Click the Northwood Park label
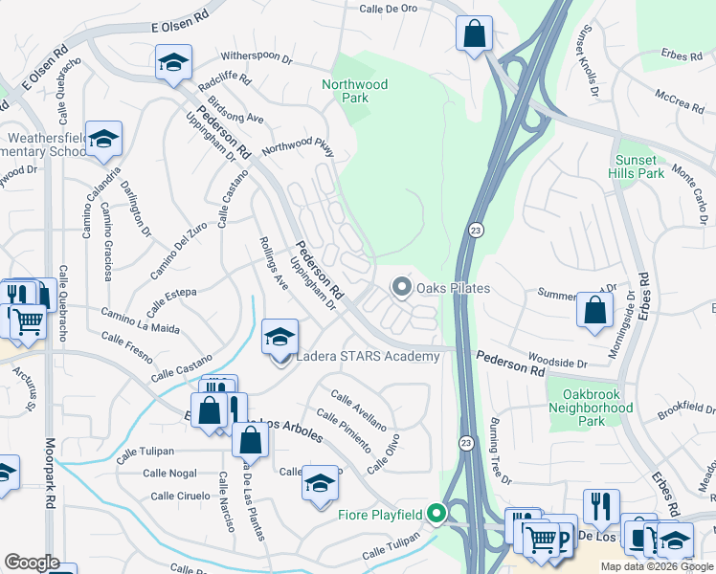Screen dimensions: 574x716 pyautogui.click(x=354, y=91)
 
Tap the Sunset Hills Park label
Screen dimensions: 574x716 pyautogui.click(x=636, y=166)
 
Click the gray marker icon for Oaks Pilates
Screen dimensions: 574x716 pyautogui.click(x=402, y=287)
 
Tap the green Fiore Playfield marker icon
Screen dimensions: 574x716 pyautogui.click(x=437, y=515)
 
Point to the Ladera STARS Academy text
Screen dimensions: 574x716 pyautogui.click(x=368, y=357)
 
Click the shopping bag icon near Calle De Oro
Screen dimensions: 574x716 pyautogui.click(x=474, y=35)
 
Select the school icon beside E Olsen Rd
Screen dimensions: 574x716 pyautogui.click(x=173, y=63)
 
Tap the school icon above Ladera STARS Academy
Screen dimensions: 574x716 pyautogui.click(x=280, y=337)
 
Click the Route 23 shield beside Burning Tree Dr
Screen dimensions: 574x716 pyautogui.click(x=465, y=442)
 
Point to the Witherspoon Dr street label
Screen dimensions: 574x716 pyautogui.click(x=256, y=58)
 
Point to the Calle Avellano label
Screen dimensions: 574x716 pyautogui.click(x=358, y=409)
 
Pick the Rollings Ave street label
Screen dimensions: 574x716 pyautogui.click(x=274, y=263)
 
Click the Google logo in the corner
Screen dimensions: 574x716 pyautogui.click(x=32, y=563)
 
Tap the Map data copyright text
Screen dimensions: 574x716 pyautogui.click(x=658, y=566)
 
